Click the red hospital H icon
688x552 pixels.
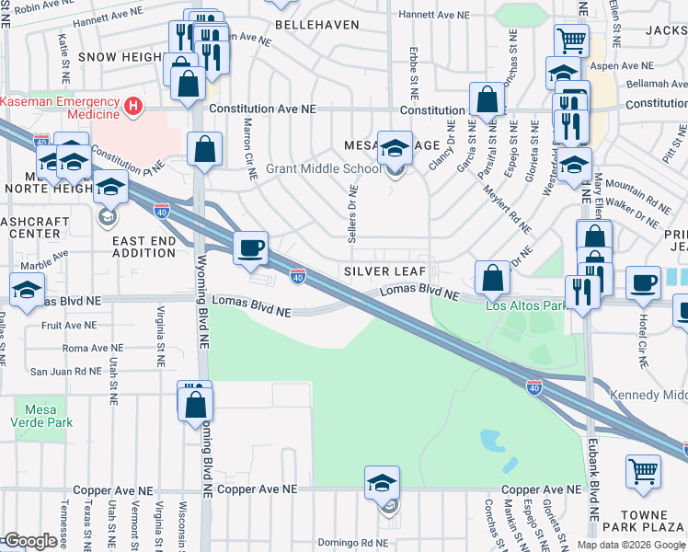pos(134,107)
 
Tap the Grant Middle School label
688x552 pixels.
pos(323,169)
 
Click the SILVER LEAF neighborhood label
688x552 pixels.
pos(384,272)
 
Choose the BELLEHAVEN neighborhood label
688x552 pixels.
pos(316,25)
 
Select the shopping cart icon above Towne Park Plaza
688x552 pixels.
pos(643,471)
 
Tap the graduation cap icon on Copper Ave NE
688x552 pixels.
pos(383,482)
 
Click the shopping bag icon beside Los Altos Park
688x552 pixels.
pos(493,277)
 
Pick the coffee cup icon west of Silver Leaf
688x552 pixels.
pos(250,247)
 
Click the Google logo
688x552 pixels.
pos(30,541)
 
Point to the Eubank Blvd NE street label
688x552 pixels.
pos(593,482)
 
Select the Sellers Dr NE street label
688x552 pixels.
pos(352,213)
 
